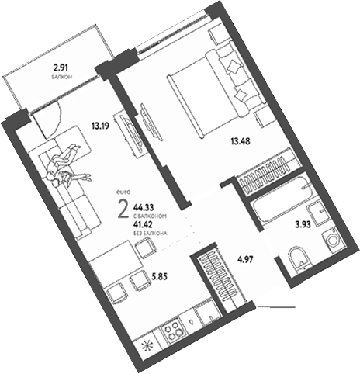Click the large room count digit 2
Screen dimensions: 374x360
121,210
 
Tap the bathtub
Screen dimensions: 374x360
278,209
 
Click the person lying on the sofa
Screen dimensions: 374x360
64,164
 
